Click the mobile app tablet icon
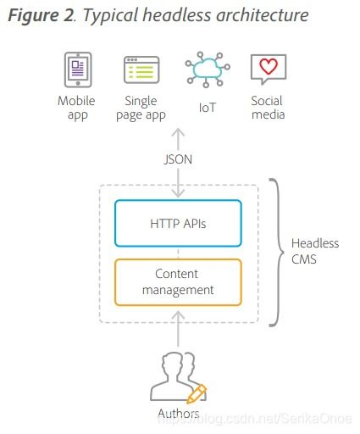pos(78,70)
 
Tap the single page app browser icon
pos(141,70)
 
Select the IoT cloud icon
pos(208,70)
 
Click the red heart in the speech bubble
pos(269,66)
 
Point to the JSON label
pos(178,159)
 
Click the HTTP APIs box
pos(178,223)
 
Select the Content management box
pos(178,282)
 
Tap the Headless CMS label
pos(315,251)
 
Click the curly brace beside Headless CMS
pos(277,252)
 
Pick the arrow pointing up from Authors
pos(178,328)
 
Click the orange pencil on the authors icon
pos(197,393)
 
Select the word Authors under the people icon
pos(179,414)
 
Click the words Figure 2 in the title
pos(42,15)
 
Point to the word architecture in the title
pos(263,14)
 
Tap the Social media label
pos(268,108)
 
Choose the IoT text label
pos(208,108)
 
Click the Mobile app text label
pos(76,108)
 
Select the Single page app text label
pos(141,108)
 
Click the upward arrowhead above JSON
pos(178,133)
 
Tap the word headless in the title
pos(177,14)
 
